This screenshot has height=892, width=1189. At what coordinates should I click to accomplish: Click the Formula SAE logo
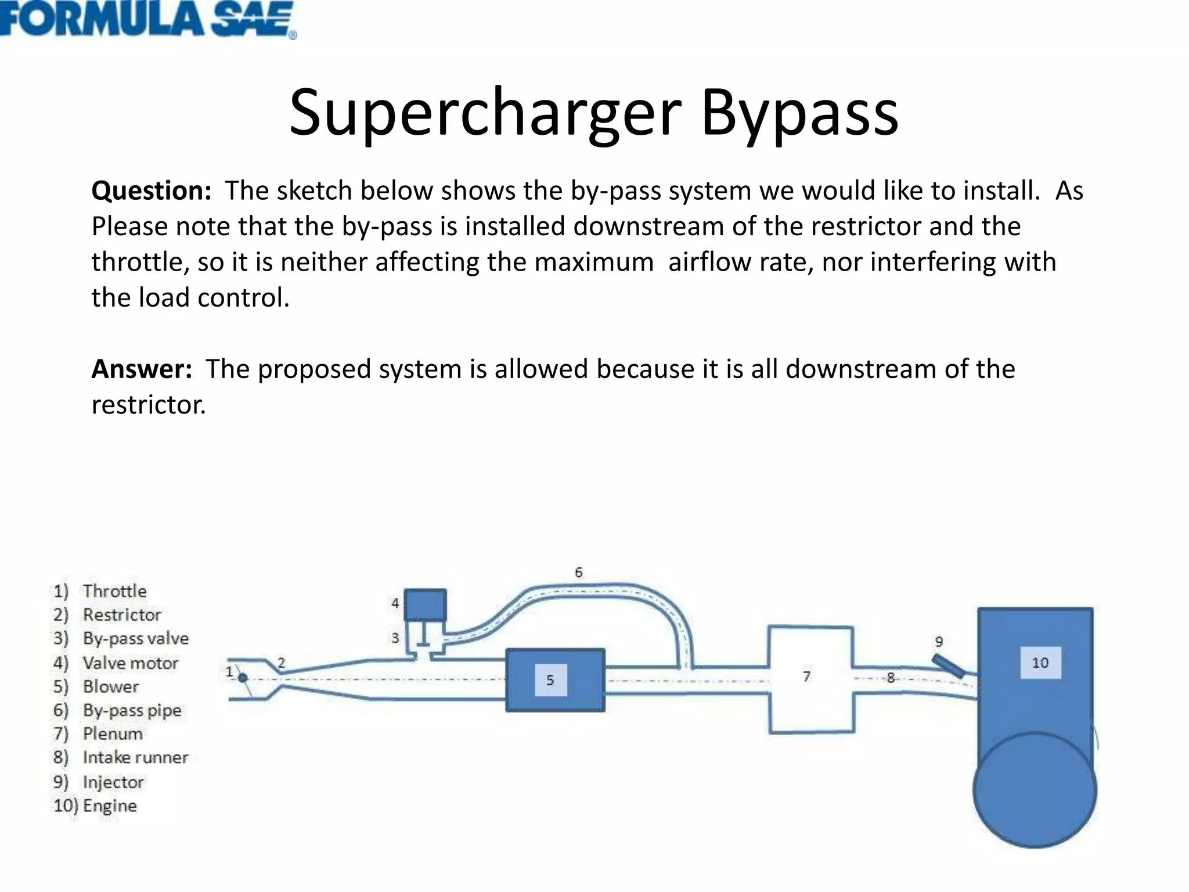(148, 19)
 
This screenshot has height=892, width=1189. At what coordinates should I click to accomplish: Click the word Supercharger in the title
(485, 114)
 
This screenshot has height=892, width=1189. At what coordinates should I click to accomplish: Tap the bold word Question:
(151, 191)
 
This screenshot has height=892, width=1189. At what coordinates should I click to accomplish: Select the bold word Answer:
(142, 369)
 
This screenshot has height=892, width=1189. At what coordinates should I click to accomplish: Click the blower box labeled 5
(555, 679)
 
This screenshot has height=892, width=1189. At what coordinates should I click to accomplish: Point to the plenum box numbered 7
(811, 679)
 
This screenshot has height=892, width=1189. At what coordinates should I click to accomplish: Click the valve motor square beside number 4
(425, 605)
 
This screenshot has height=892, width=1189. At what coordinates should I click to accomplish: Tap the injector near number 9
(949, 666)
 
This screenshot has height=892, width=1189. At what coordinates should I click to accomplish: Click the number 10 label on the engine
(1040, 663)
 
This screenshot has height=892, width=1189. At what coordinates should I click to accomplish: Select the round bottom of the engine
(1035, 789)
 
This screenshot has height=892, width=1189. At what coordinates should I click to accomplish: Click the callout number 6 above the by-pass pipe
(578, 573)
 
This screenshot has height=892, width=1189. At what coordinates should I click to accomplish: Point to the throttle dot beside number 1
(243, 678)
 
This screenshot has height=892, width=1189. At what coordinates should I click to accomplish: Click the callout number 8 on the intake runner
(891, 677)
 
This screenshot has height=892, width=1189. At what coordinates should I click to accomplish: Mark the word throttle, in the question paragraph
(140, 262)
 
